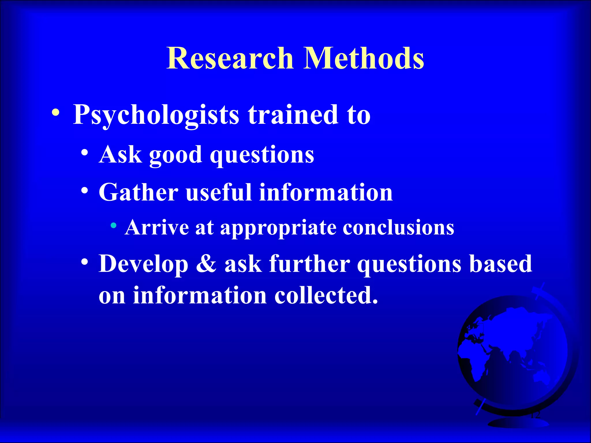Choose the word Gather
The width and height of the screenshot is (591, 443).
pyautogui.click(x=139, y=192)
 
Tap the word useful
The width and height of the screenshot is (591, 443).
pyautogui.click(x=218, y=192)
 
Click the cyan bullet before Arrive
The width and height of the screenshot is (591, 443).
pyautogui.click(x=114, y=225)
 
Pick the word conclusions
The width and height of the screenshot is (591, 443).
pyautogui.click(x=398, y=228)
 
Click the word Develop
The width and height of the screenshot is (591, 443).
pyautogui.click(x=143, y=264)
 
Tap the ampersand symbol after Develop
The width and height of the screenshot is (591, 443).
pyautogui.click(x=206, y=264)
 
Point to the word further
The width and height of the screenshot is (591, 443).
pyautogui.click(x=309, y=264)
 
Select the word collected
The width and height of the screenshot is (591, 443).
pyautogui.click(x=326, y=295)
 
